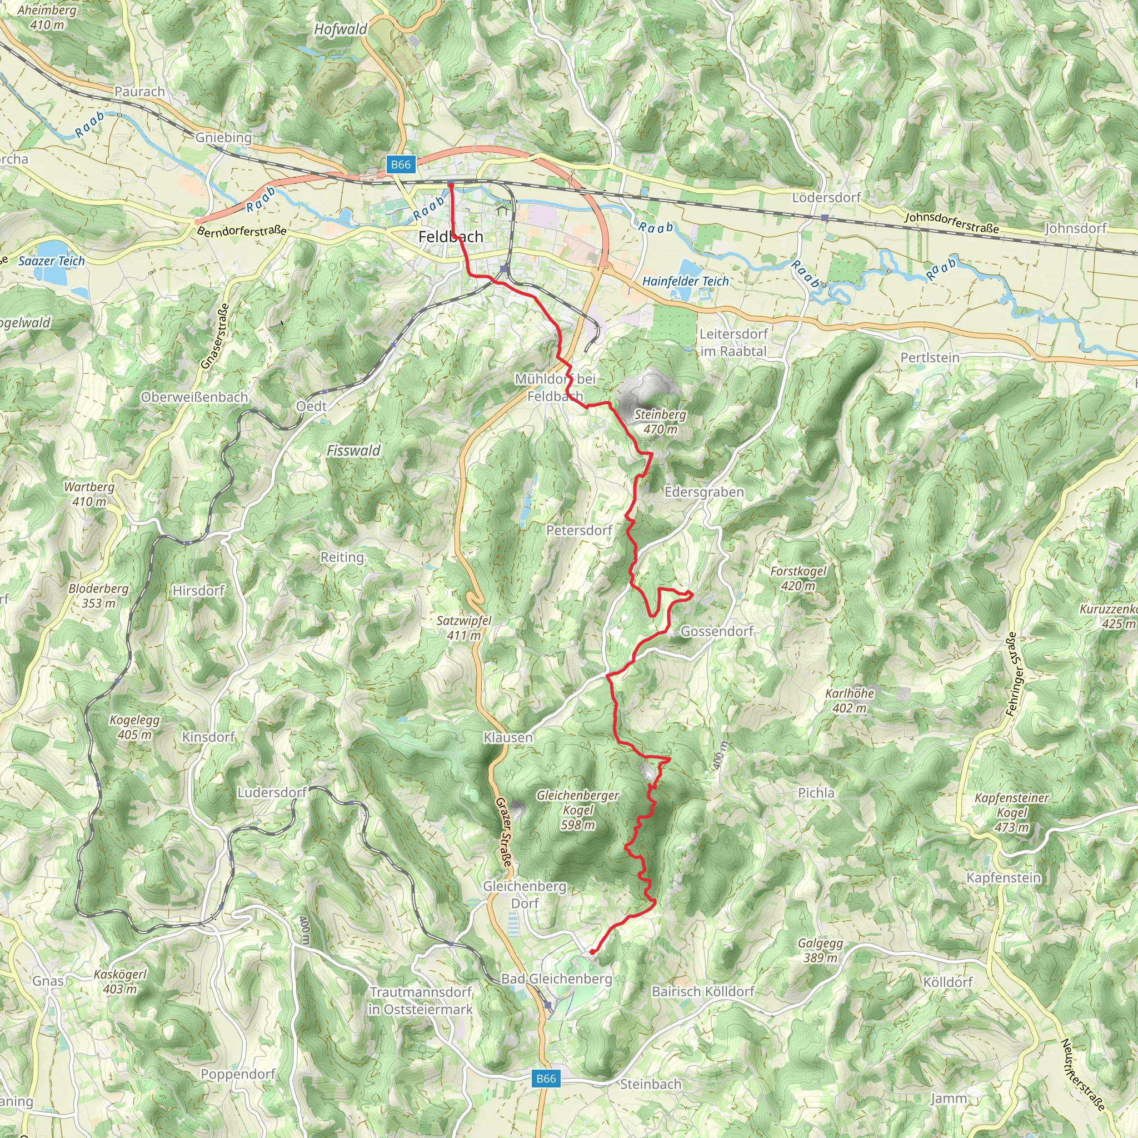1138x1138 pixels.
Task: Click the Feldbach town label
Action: coord(451,237)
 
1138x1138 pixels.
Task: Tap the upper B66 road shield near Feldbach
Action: coord(401,164)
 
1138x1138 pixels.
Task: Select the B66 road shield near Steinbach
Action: coord(546,1079)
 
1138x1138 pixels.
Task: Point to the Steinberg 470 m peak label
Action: coord(660,422)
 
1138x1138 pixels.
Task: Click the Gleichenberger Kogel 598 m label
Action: coord(577,810)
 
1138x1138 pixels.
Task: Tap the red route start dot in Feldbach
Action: coord(451,186)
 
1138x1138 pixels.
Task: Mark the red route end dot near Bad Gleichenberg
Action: coord(592,951)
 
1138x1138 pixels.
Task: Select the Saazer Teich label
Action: coord(52,261)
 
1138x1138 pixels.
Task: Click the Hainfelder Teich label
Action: coord(685,282)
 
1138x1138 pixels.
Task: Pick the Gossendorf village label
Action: coord(717,631)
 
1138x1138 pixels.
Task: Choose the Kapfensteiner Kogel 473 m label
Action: coord(1011,813)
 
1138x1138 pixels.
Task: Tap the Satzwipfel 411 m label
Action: coord(463,628)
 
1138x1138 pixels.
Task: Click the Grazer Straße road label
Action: coord(504,833)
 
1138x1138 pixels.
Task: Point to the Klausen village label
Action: coord(508,737)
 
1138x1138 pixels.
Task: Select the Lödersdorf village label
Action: coord(826,197)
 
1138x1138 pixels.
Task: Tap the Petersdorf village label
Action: coord(579,530)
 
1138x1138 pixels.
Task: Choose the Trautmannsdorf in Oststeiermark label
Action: coord(420,1001)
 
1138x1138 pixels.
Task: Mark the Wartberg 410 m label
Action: coord(89,494)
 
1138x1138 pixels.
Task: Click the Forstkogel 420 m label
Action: coord(798,578)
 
